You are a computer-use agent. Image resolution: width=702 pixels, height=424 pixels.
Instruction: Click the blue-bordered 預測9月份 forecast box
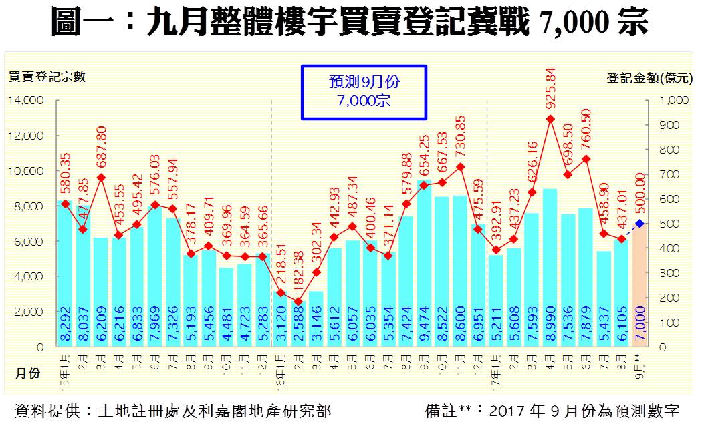364,92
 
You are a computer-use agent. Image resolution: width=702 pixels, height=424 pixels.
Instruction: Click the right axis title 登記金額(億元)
649,77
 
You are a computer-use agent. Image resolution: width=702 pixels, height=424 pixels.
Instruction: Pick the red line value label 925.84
550,91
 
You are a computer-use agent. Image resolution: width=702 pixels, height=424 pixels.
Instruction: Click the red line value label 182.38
298,272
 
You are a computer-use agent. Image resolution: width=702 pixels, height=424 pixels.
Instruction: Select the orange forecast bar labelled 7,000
640,287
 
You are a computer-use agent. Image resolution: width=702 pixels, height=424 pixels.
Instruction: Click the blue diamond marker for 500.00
640,224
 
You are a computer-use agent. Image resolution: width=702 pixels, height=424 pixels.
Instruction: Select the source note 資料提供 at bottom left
172,409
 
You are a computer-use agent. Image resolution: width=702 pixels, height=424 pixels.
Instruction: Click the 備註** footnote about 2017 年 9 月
552,409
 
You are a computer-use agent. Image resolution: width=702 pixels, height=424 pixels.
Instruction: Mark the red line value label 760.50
586,132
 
